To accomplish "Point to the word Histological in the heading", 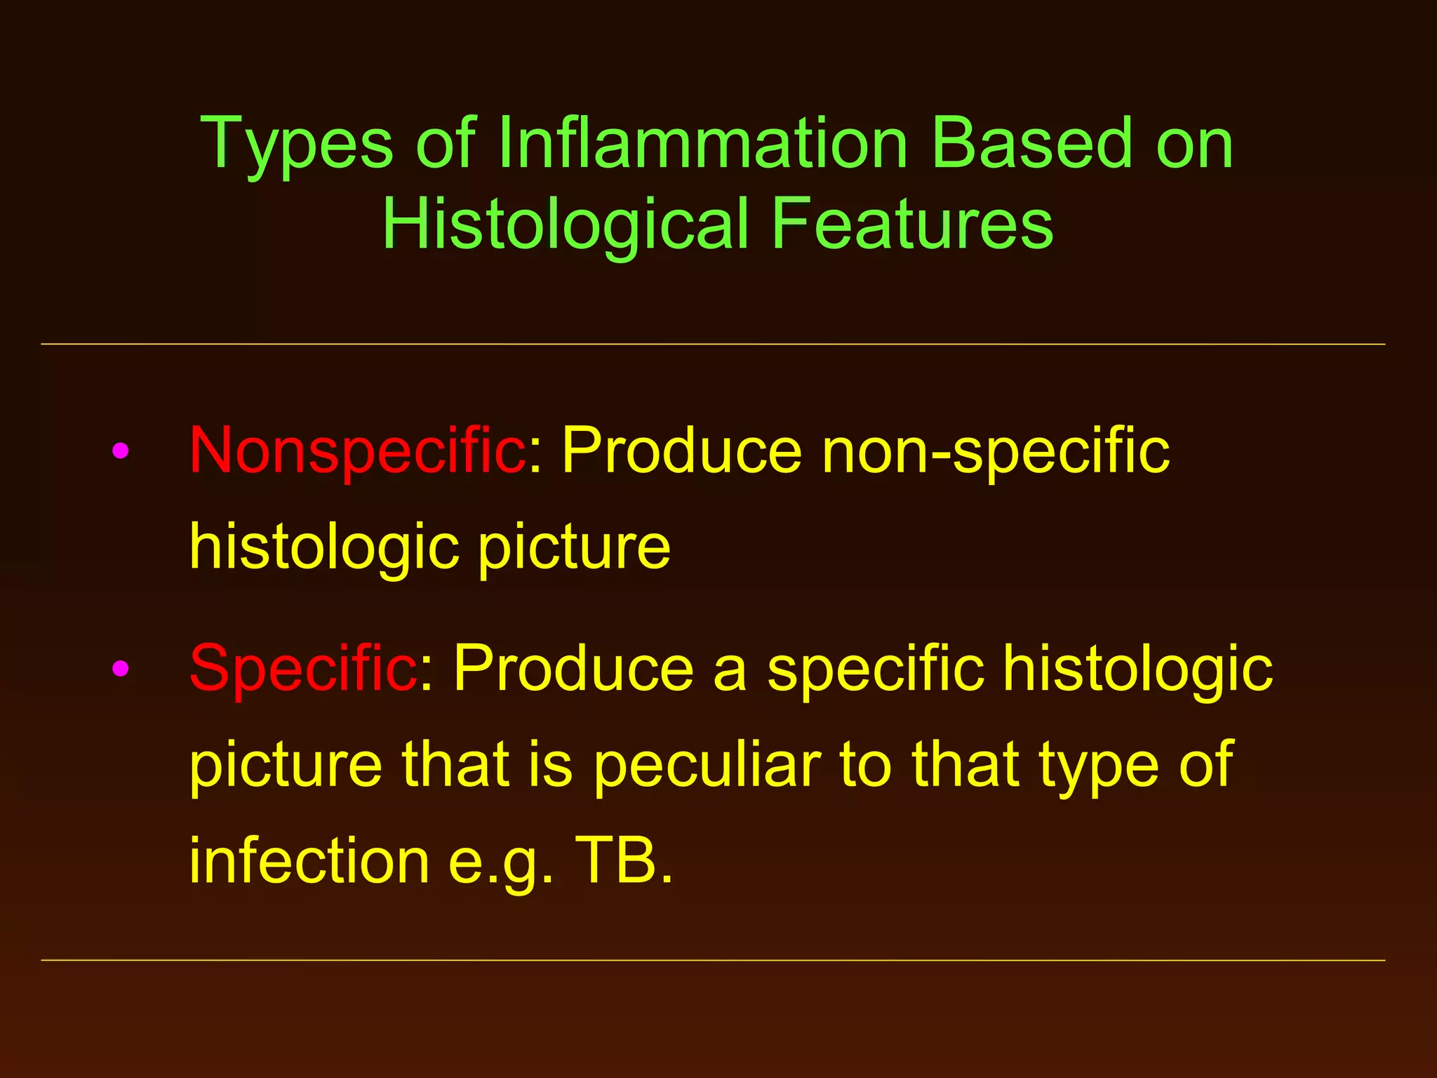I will click(566, 224).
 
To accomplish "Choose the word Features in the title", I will click(912, 224).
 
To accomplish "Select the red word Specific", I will click(304, 668).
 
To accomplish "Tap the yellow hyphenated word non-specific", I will click(996, 451).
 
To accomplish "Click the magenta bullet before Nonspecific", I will click(121, 451).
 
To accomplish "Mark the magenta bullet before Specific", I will click(121, 668).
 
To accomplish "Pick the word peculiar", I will click(707, 765).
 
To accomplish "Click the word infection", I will click(309, 861).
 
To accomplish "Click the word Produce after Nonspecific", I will click(681, 451).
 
